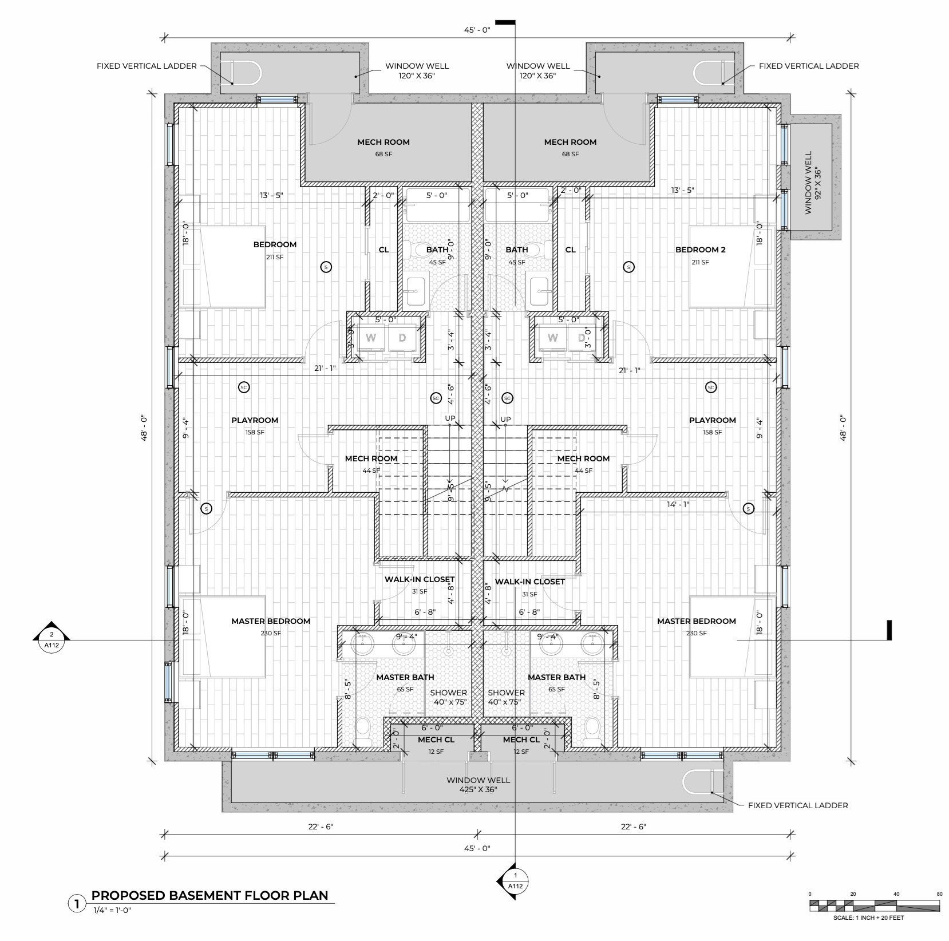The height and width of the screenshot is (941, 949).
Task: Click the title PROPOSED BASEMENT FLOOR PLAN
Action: click(x=210, y=895)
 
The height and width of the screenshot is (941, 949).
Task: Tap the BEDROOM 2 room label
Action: click(x=700, y=250)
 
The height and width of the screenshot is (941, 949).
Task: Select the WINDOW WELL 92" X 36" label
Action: click(x=813, y=183)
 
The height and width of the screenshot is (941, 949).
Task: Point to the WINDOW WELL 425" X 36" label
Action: click(x=478, y=785)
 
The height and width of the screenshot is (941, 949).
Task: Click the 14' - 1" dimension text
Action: click(x=678, y=504)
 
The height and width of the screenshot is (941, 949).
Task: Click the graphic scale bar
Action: click(x=874, y=906)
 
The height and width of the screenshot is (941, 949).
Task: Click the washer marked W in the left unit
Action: click(x=371, y=338)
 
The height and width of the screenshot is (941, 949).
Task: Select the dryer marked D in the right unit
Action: click(x=582, y=338)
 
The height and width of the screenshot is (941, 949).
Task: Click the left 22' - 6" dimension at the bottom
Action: click(x=321, y=827)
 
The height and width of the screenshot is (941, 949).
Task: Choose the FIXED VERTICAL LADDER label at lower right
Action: click(x=798, y=805)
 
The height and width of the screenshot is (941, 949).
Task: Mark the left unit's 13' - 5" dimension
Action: click(x=271, y=195)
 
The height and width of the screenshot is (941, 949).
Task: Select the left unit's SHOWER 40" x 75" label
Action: click(x=449, y=697)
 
